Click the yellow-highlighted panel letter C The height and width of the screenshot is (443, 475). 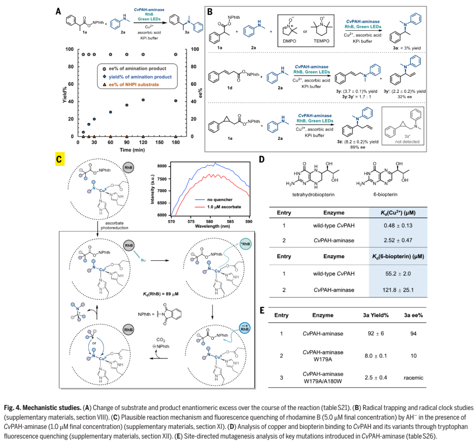tap(59, 159)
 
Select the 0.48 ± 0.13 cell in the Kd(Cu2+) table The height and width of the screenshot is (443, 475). tap(398, 225)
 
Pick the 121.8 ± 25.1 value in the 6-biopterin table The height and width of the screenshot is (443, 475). tap(398, 290)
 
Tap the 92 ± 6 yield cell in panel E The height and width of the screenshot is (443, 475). tap(376, 333)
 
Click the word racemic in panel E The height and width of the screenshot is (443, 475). tap(413, 377)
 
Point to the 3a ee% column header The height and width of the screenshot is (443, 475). tap(413, 315)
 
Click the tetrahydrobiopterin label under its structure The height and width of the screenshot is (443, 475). tap(313, 194)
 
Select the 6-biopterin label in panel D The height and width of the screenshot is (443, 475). tap(385, 194)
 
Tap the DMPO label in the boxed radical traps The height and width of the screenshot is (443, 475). tap(289, 41)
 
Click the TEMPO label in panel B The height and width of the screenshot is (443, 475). tap(322, 41)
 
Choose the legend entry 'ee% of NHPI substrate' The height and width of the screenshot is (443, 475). tap(134, 84)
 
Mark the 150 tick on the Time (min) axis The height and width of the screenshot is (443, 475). tap(159, 143)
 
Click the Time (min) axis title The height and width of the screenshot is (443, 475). tap(132, 150)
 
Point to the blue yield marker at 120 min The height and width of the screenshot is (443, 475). tap(143, 100)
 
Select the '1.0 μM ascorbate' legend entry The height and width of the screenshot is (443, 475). tap(224, 207)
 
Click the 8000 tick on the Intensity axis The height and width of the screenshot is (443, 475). tap(162, 166)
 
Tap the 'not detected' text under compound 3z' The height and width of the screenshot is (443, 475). tap(407, 142)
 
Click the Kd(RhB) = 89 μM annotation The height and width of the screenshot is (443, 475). tap(161, 294)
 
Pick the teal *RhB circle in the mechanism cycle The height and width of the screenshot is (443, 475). tap(245, 244)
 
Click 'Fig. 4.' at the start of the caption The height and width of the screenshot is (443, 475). tap(12, 408)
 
